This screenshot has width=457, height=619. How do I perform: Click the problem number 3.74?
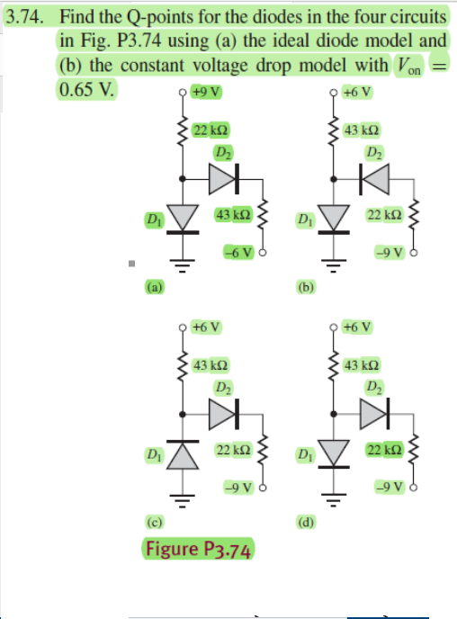pos(28,17)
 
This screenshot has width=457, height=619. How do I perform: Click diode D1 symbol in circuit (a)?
pos(184,217)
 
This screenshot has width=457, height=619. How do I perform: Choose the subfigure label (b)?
pos(306,288)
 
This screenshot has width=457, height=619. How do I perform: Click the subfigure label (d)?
pos(306,522)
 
